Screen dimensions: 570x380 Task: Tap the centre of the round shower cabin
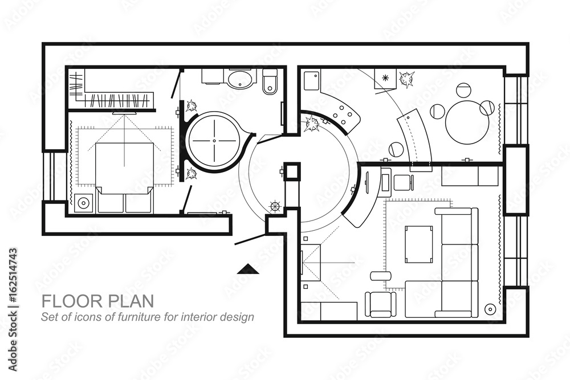(x=214, y=141)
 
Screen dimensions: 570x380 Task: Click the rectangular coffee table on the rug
(x=419, y=244)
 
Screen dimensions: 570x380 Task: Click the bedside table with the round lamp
(x=84, y=202)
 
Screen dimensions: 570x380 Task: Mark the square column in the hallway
(x=292, y=171)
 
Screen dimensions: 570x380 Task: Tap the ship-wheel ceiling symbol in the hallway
(x=275, y=206)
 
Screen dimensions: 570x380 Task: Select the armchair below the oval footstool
(x=380, y=304)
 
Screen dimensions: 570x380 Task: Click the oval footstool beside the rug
(x=381, y=276)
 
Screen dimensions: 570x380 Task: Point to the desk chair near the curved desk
(x=404, y=182)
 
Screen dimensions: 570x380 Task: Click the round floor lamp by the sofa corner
(x=490, y=309)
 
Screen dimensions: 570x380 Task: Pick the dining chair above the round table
(x=463, y=90)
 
